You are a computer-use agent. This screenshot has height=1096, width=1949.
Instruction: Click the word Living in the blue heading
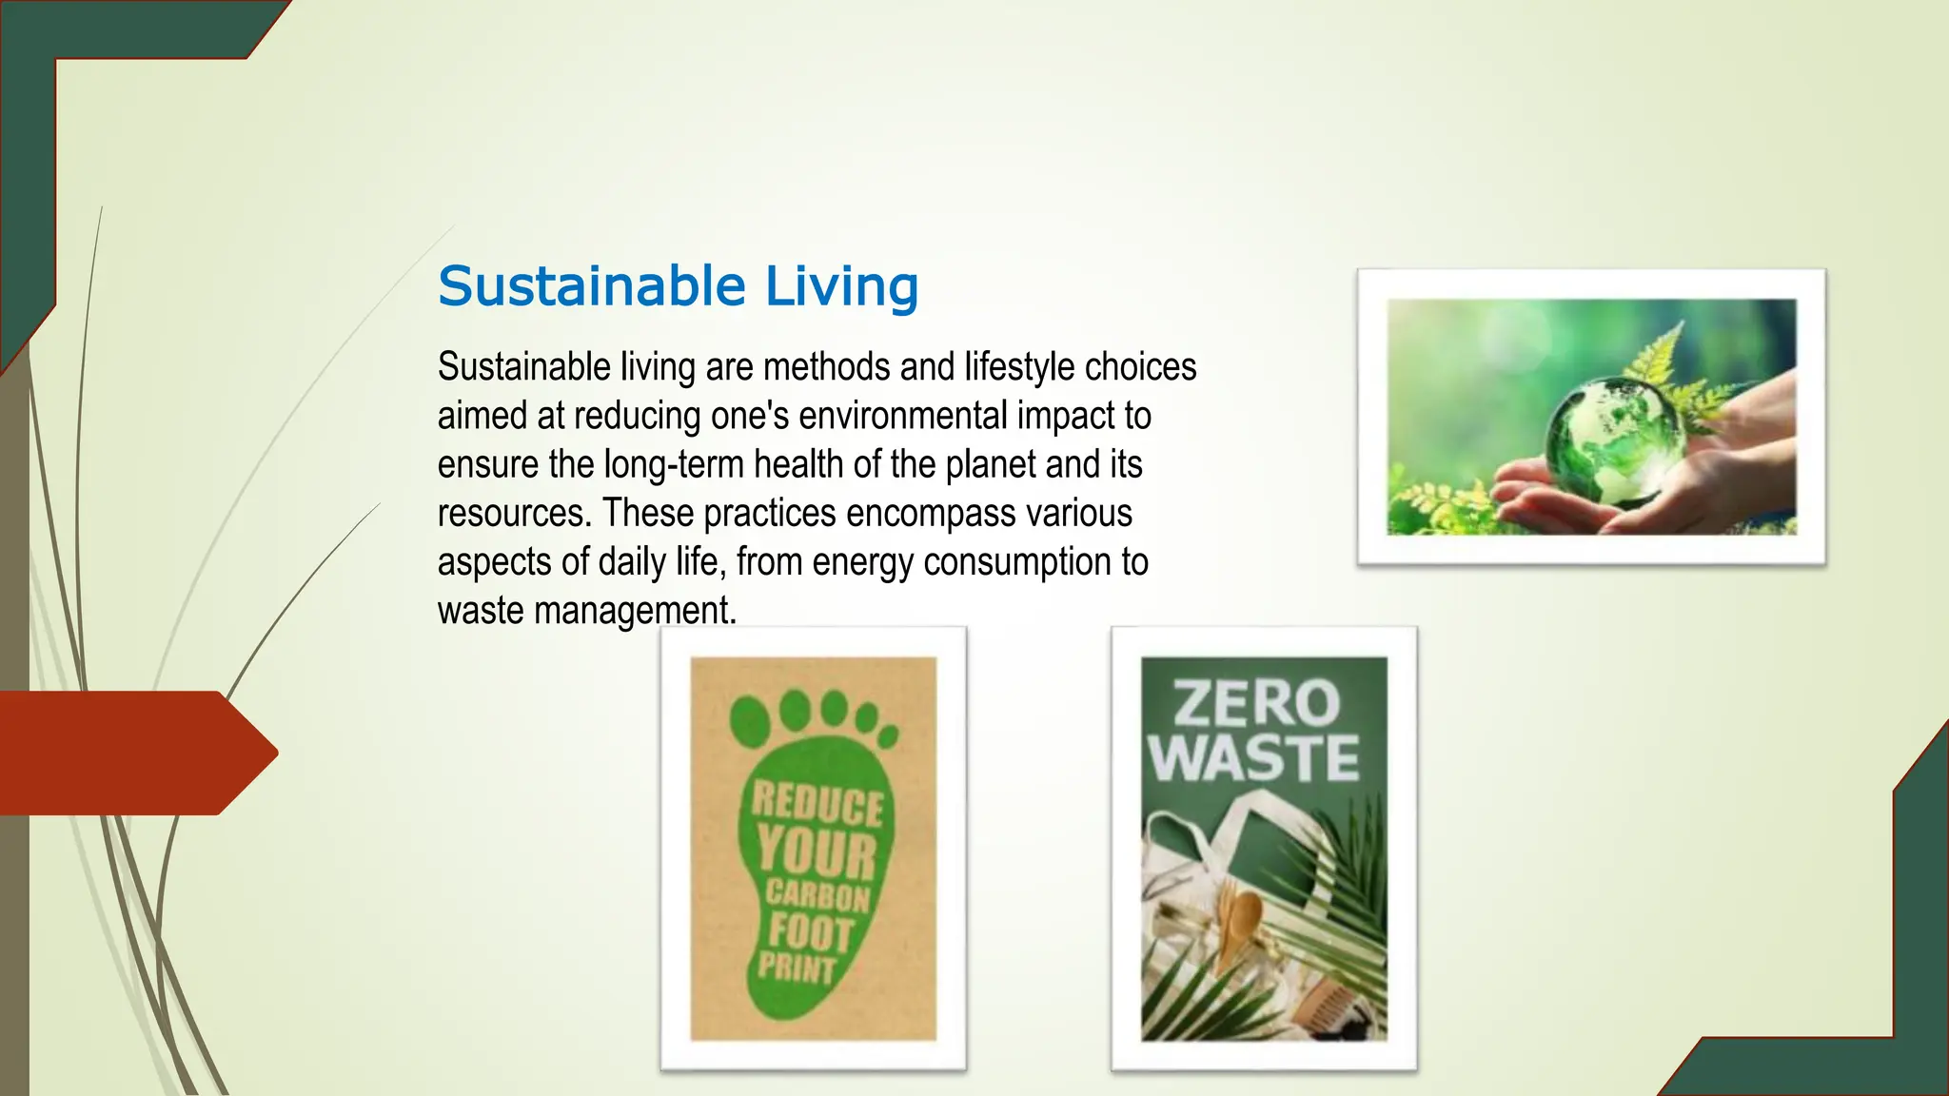[841, 286]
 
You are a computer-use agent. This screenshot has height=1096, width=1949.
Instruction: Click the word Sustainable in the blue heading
[591, 286]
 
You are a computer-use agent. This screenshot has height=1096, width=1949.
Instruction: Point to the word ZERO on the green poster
[1256, 703]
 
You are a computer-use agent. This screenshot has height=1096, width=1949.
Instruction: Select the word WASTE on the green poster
[1253, 757]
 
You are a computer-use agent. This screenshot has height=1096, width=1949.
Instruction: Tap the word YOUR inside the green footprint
[817, 851]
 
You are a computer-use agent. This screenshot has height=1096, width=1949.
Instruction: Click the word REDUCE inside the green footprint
[817, 805]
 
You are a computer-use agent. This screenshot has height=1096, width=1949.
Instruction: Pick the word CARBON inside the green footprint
[817, 895]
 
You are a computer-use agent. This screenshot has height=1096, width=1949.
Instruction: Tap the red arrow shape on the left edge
[133, 753]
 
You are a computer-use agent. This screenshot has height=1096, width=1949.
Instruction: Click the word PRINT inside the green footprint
[796, 969]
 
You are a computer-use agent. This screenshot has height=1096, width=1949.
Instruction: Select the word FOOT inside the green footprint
[811, 932]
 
